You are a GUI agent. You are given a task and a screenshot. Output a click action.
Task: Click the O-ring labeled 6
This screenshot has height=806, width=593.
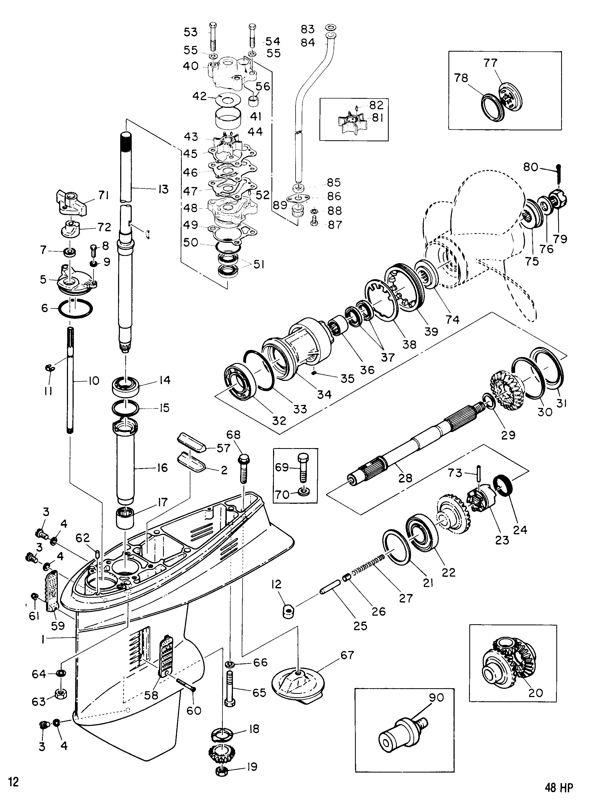point(76,308)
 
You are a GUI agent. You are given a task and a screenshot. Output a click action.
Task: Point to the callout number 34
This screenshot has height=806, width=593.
point(324,394)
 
